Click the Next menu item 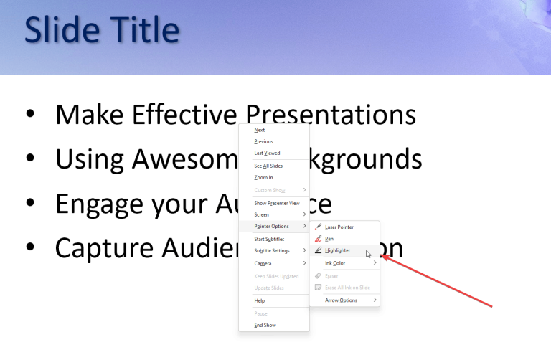click(x=260, y=130)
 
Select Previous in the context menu click(x=263, y=141)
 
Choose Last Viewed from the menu click(x=267, y=153)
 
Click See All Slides click(x=268, y=166)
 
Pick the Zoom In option click(x=263, y=177)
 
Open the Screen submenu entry click(x=262, y=214)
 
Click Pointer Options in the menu click(x=272, y=227)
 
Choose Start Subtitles click(x=269, y=239)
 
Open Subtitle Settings click(x=272, y=251)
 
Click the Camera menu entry click(x=263, y=263)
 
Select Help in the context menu click(x=260, y=300)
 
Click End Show click(x=265, y=325)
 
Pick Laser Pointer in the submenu click(x=339, y=227)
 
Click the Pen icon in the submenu click(x=319, y=239)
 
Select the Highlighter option click(x=337, y=250)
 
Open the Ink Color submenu click(x=335, y=263)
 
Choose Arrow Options click(x=341, y=300)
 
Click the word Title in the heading click(x=137, y=30)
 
